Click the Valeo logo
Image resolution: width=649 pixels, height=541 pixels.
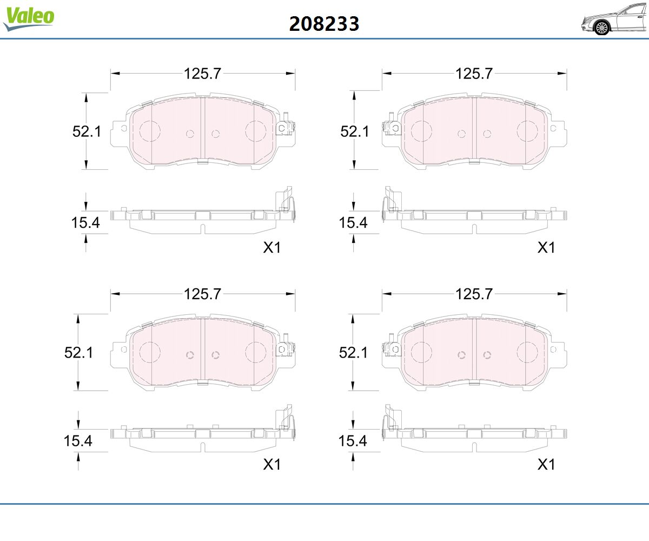click(29, 18)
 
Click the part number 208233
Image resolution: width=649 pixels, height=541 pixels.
click(324, 24)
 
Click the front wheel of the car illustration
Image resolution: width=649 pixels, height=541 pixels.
click(601, 28)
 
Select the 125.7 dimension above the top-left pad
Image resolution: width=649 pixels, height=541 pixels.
click(202, 74)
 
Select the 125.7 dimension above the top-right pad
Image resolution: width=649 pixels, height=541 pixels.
click(474, 74)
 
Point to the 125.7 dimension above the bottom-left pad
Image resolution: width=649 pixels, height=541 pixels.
click(202, 294)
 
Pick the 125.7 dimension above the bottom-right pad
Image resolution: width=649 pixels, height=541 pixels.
click(474, 294)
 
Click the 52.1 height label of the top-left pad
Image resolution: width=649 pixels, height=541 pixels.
click(87, 131)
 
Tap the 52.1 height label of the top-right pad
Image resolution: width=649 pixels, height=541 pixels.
click(355, 131)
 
